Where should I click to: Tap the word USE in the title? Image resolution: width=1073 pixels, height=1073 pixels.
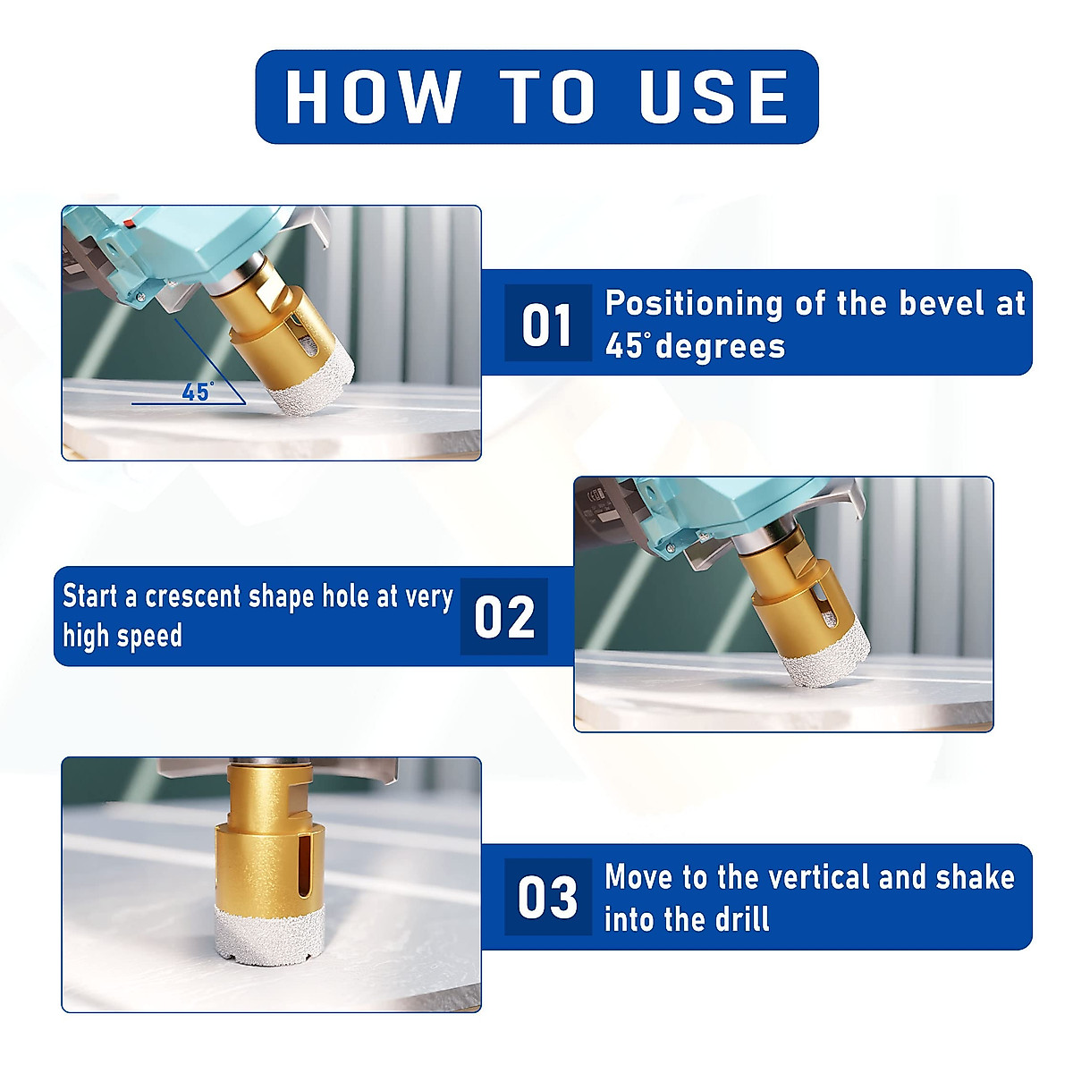point(714,97)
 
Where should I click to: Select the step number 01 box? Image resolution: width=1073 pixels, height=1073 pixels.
point(548,323)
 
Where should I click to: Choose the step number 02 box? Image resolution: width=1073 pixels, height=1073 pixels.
point(504,616)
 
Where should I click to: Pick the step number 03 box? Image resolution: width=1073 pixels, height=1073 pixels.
point(548,897)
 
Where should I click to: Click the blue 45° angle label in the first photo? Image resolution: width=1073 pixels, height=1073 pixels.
point(198,392)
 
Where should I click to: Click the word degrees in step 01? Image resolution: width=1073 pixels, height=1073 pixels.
point(720,346)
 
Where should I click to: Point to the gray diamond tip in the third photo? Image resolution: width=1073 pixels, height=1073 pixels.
point(269,935)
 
